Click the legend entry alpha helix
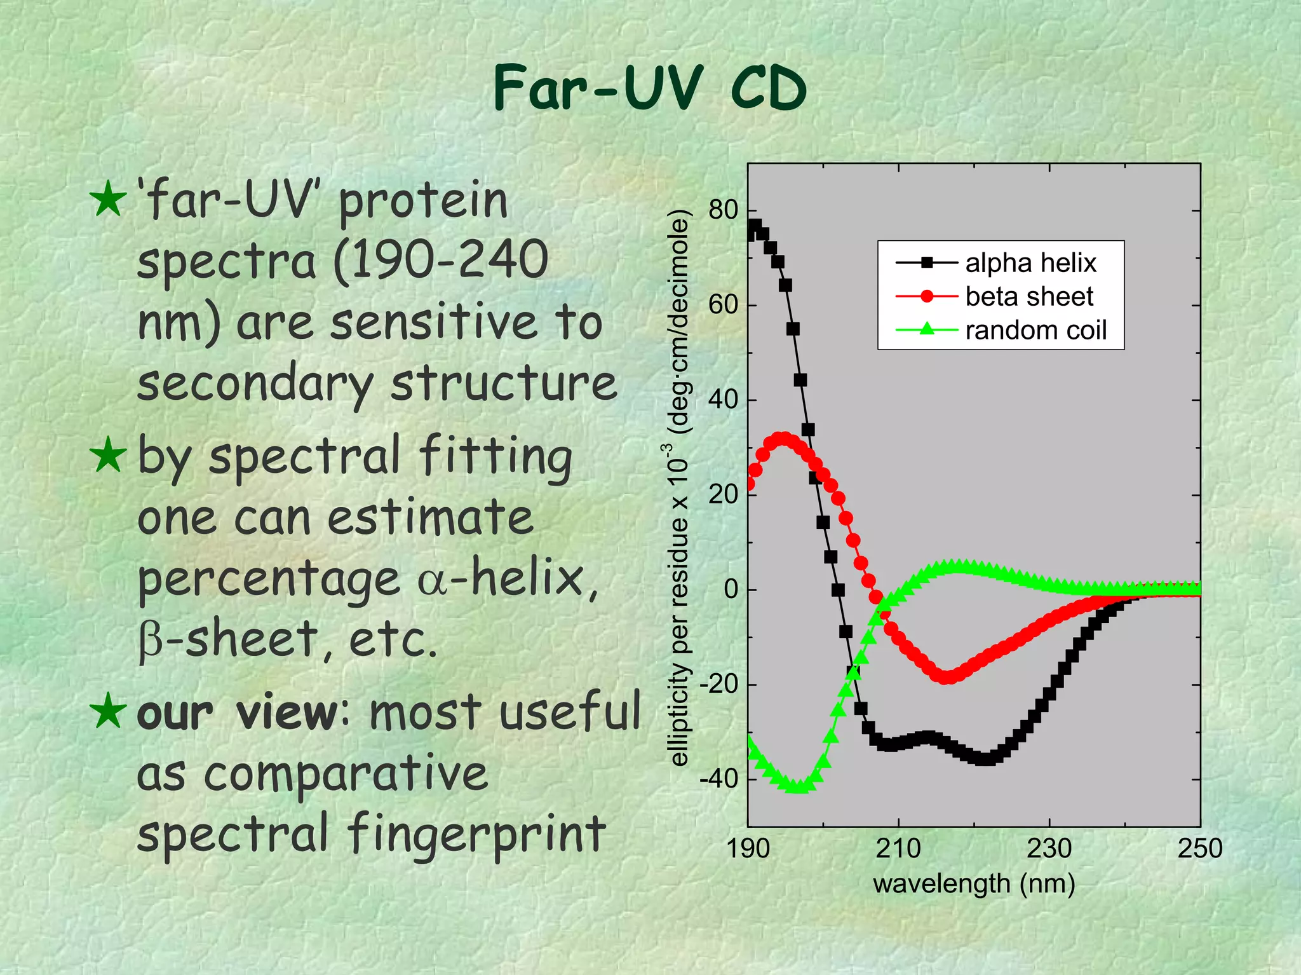pos(1030,263)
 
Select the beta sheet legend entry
pos(1028,297)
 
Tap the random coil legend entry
pos(1035,331)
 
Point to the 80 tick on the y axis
pos(723,210)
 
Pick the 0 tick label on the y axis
pos(731,589)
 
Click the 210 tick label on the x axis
pos(898,849)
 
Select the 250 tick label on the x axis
pos(1199,849)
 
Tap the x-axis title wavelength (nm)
pos(974,884)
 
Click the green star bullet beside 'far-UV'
pos(107,200)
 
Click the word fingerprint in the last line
pos(476,834)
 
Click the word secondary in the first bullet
pos(254,385)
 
